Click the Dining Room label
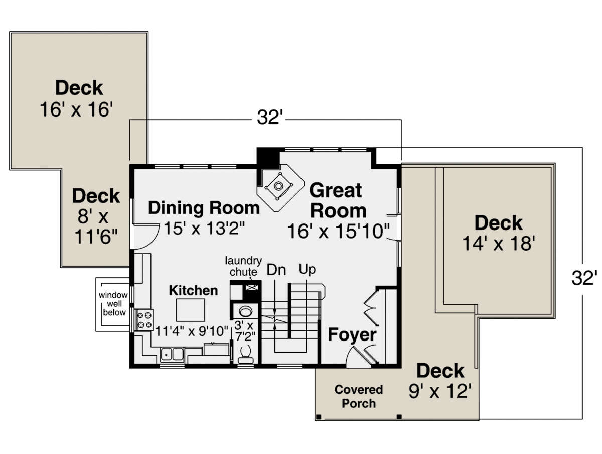pos(204,208)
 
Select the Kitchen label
pos(193,290)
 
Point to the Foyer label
pos(352,335)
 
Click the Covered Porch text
pos(359,397)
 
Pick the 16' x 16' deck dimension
pos(76,109)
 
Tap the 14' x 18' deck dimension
pos(499,243)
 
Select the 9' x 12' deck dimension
pos(440,391)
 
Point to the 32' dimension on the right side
pos(584,278)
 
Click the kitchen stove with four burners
pos(145,320)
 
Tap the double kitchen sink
pos(172,355)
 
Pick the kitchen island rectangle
pos(190,310)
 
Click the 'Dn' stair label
pos(276,270)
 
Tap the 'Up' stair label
pos(307,269)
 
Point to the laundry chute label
pos(243,266)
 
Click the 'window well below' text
pos(113,304)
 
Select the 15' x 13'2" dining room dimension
pos(204,228)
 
